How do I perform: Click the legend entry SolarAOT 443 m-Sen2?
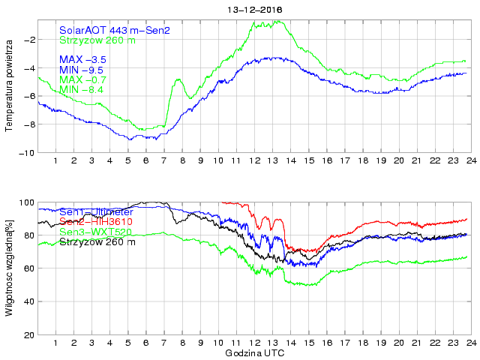coord(115,30)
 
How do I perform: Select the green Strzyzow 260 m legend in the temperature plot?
coord(97,40)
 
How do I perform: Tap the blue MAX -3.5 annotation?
coord(82,59)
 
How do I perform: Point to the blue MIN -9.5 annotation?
coord(82,70)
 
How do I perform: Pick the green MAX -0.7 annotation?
coord(82,79)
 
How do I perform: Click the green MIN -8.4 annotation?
coord(82,90)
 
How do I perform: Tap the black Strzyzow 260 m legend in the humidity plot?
coord(97,242)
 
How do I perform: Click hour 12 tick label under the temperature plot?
coord(254,161)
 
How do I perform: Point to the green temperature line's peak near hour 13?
coord(279,21)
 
